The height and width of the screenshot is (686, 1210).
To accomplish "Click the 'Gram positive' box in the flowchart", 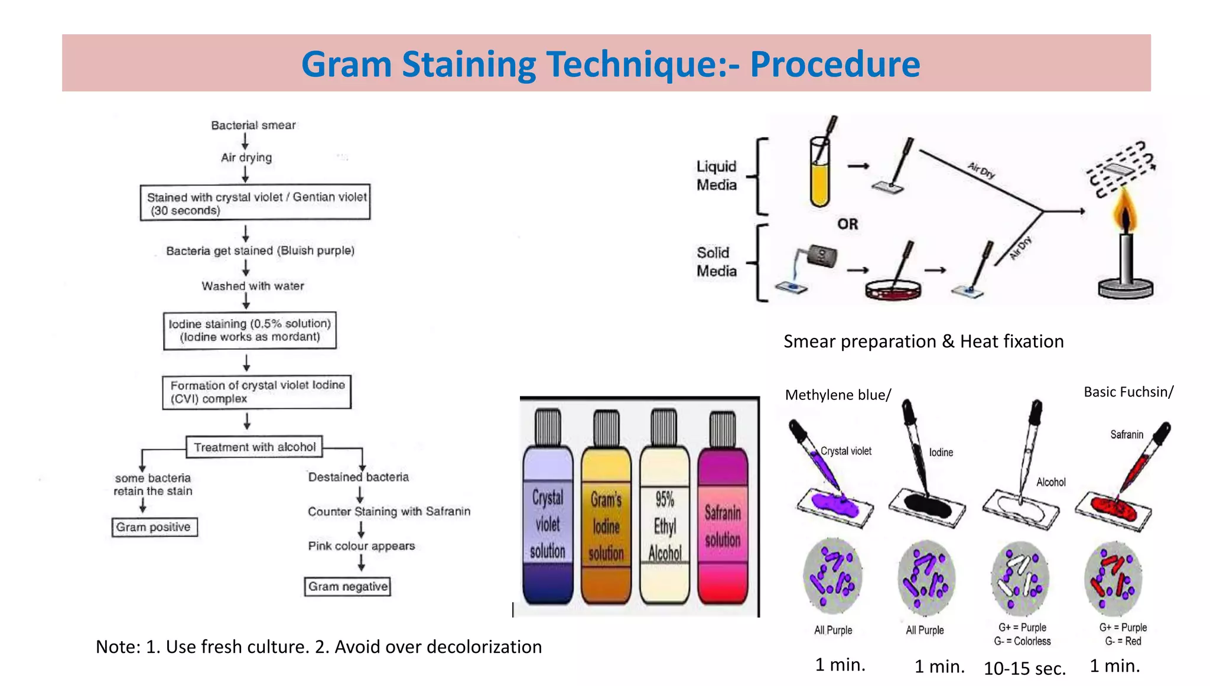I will [x=154, y=527].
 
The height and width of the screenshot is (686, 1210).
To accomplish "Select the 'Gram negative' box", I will [x=347, y=587].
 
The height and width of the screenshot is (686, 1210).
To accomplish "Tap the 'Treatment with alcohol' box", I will [x=255, y=447].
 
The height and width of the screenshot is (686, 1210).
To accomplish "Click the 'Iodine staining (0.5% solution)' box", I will [x=250, y=330].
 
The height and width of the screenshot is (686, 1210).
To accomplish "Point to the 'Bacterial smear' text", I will [x=253, y=125].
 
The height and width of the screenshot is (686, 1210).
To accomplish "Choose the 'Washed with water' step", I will [x=253, y=286].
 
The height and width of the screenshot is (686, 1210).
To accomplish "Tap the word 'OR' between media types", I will [x=848, y=225].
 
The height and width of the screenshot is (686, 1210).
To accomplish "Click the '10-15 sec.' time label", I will [x=1024, y=668].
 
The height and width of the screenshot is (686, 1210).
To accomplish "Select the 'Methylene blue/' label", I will [x=838, y=395].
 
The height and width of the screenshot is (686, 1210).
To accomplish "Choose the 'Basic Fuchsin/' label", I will [x=1128, y=392].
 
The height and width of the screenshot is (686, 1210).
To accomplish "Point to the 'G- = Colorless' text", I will [x=1022, y=641].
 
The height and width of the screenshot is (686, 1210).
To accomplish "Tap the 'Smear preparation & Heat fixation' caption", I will [x=923, y=342].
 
